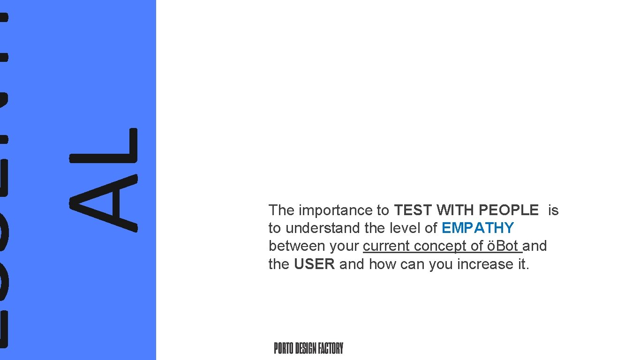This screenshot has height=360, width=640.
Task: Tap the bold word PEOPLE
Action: point(509,210)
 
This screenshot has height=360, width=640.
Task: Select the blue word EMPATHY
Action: point(478,228)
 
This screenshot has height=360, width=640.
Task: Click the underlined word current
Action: point(386,246)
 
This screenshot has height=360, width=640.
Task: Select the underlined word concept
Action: point(440,246)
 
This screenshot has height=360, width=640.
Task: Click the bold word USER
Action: point(314,264)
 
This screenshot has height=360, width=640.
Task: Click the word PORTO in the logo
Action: point(284,348)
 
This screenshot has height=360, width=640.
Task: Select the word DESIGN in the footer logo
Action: point(306,348)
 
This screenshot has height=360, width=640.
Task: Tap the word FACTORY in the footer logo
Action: point(331,348)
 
